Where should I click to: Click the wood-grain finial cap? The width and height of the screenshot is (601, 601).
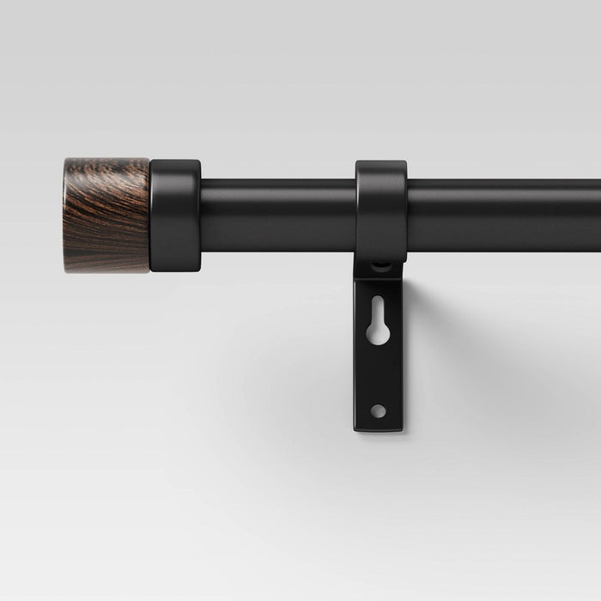[x=106, y=215]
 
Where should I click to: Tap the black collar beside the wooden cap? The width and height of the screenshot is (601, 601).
[x=175, y=216]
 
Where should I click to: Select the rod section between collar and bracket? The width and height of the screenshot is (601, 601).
[x=277, y=215]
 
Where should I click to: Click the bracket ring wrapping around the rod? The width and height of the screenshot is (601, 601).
[x=381, y=215]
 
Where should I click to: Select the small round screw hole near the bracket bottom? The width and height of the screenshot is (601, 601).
[x=378, y=410]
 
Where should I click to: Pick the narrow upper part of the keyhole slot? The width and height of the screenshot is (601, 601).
[x=379, y=307]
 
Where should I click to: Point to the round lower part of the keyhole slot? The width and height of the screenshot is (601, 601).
[x=379, y=333]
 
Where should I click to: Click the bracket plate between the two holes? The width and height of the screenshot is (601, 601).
[x=378, y=373]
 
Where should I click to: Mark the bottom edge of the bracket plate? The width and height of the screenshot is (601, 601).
[x=378, y=429]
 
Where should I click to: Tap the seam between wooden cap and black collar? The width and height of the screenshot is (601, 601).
[x=150, y=215]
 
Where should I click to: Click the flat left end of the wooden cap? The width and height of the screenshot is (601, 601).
[x=65, y=215]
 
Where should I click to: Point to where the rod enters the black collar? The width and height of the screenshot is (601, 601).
[x=202, y=215]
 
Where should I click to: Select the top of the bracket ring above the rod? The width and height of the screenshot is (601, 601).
[x=381, y=168]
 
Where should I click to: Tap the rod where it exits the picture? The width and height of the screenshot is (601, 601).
[x=596, y=215]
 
